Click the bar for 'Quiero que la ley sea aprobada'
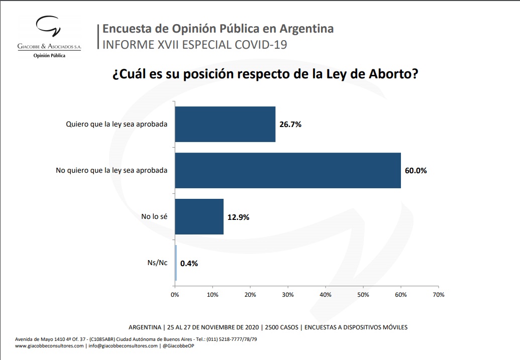click(225, 124)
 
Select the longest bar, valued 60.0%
click(287, 170)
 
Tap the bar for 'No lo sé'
click(199, 217)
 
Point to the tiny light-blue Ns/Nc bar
click(176, 263)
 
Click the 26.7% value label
click(290, 125)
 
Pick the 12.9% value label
click(238, 217)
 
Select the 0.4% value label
click(189, 263)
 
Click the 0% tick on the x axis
click(174, 295)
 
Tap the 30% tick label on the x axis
click(288, 295)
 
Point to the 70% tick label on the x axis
click(438, 295)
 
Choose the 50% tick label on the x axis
click(363, 295)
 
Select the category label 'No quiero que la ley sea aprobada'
click(112, 171)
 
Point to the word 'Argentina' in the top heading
click(307, 28)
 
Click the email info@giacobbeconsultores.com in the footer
click(123, 346)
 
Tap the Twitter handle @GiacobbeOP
click(179, 346)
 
